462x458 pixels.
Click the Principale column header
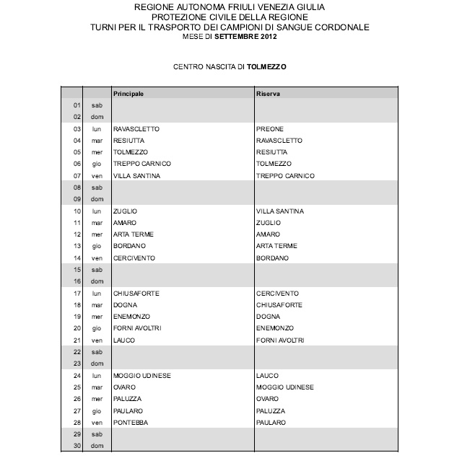129,94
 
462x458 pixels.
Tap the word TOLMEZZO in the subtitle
267,66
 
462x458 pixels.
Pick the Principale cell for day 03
136,129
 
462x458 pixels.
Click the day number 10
77,211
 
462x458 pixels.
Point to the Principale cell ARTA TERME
134,234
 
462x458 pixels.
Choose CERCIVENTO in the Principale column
135,258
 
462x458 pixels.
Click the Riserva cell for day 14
272,258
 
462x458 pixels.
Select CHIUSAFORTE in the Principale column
136,294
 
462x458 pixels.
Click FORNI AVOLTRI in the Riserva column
280,340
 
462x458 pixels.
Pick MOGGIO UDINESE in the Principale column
140,376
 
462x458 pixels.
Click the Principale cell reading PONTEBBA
131,423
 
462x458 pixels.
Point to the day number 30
77,446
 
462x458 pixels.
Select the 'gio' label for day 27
96,411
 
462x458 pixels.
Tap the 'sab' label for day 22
96,352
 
